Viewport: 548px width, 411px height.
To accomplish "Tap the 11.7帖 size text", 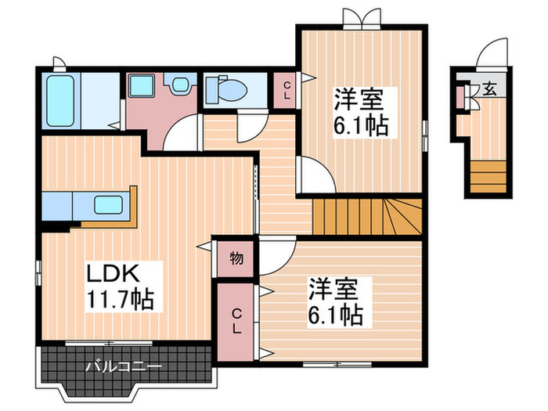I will tap(119, 298).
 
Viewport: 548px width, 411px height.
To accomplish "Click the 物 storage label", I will tap(236, 258).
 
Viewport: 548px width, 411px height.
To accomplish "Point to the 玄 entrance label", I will tap(488, 88).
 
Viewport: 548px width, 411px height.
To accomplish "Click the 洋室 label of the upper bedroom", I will tap(358, 99).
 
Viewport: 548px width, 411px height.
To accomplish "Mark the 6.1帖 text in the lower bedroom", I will tap(334, 315).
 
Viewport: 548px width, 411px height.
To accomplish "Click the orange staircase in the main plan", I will tap(366, 216).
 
